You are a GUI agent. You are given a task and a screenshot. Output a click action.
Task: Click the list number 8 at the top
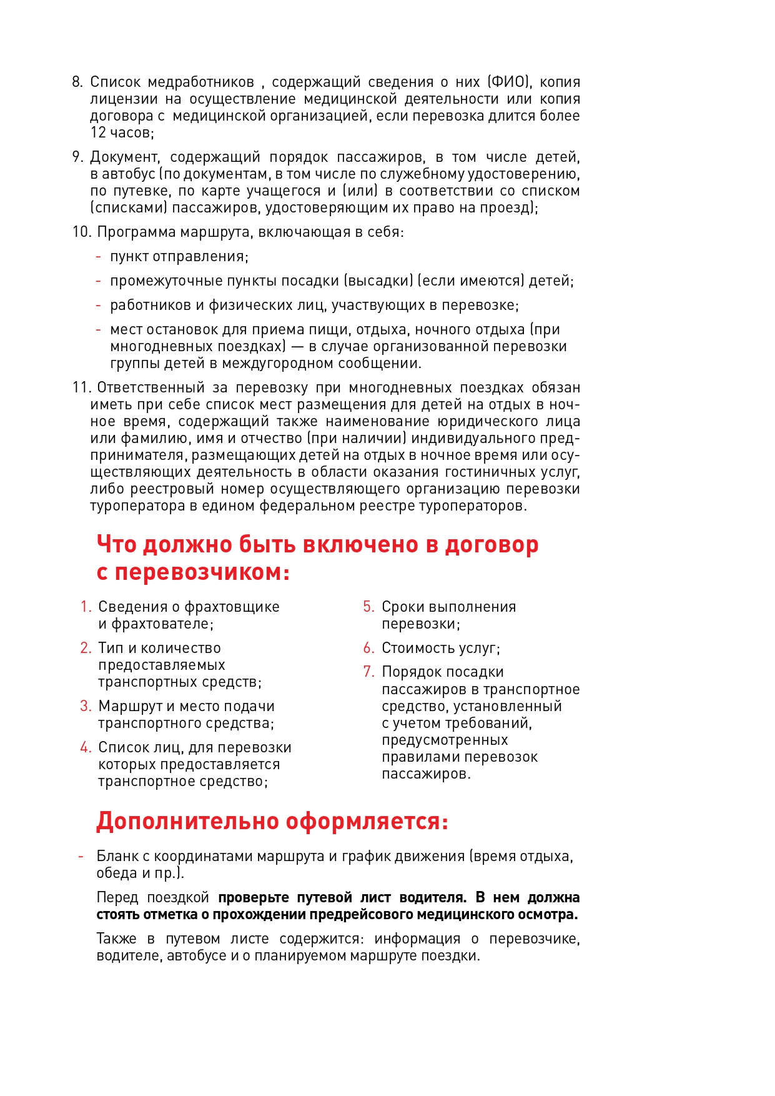pyautogui.click(x=77, y=82)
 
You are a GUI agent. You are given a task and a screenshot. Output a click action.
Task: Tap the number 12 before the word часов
pyautogui.click(x=98, y=132)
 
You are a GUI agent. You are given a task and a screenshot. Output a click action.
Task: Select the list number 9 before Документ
pyautogui.click(x=77, y=157)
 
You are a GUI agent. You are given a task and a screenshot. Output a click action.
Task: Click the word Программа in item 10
pyautogui.click(x=136, y=232)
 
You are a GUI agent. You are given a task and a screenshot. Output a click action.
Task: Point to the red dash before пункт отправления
pyautogui.click(x=98, y=257)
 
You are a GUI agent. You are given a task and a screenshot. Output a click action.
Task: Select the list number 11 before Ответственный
pyautogui.click(x=81, y=387)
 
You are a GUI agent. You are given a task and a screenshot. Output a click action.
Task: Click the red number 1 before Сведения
pyautogui.click(x=86, y=607)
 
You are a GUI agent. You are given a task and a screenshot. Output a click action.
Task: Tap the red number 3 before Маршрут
pyautogui.click(x=86, y=706)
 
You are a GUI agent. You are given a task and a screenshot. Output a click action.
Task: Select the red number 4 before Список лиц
pyautogui.click(x=86, y=747)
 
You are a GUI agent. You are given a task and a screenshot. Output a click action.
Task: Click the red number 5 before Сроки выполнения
pyautogui.click(x=368, y=607)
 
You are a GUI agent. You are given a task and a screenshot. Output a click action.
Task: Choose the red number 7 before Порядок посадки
pyautogui.click(x=368, y=672)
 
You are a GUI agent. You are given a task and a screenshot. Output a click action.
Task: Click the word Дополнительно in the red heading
pyautogui.click(x=187, y=821)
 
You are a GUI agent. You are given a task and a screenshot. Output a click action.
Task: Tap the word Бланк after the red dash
pyautogui.click(x=117, y=856)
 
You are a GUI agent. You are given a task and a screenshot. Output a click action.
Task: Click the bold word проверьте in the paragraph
pyautogui.click(x=253, y=898)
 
